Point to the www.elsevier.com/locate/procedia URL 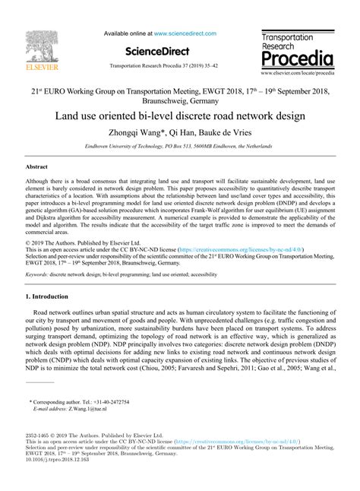(297, 74)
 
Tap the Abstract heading (36, 165)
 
